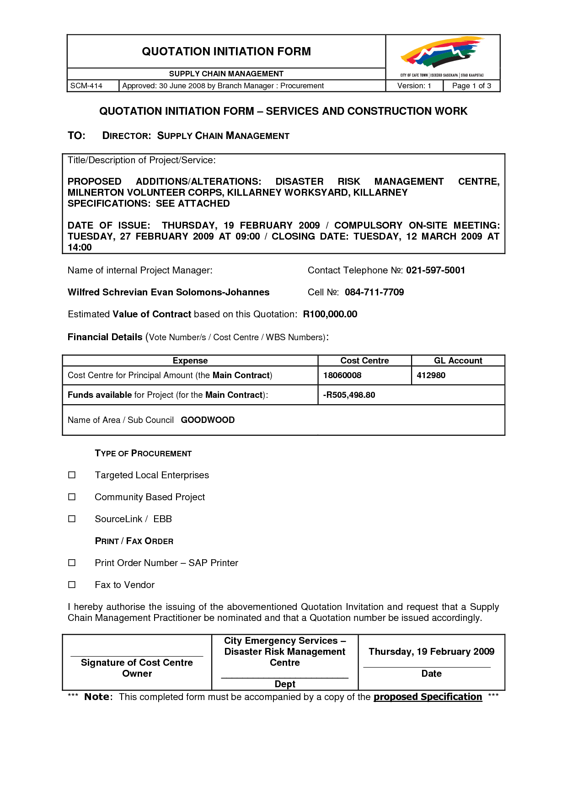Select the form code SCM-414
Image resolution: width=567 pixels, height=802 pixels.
pos(86,86)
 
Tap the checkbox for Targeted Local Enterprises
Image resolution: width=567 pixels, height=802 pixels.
pos(72,475)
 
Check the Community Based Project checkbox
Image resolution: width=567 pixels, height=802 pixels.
pos(72,497)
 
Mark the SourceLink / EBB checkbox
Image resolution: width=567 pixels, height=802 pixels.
pos(72,519)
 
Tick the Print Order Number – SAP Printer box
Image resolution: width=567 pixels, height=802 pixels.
pos(72,563)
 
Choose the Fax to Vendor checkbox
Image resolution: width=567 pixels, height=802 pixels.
pos(72,585)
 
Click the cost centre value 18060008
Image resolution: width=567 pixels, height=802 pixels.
pos(342,375)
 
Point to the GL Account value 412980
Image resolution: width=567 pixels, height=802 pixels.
pos(431,375)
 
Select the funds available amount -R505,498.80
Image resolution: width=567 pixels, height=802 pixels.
pos(349,395)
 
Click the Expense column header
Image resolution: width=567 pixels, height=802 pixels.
pos(190,361)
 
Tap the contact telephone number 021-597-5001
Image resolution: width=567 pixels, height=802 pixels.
pos(435,270)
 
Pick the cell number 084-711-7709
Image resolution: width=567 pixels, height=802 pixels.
pos(374,292)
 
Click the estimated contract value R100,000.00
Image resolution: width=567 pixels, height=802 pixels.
pos(330,314)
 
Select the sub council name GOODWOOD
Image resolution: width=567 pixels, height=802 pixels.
pos(208,420)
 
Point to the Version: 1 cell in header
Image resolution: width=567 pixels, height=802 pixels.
pos(414,86)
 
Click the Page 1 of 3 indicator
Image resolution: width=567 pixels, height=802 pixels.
pos(471,86)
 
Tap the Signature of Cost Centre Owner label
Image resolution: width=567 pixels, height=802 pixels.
pos(137,668)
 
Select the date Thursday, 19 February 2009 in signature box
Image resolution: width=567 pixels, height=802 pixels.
pos(432,652)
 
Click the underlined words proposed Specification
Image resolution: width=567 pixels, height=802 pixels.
pos(428,697)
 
